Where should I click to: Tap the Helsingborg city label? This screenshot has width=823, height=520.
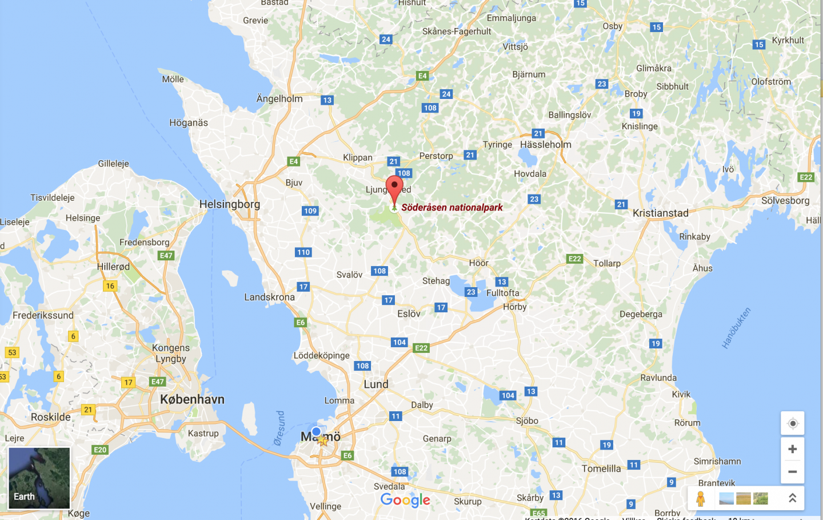coord(229,204)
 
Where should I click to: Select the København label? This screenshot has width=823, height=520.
coord(192,399)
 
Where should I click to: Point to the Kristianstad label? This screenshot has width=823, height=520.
coord(660,213)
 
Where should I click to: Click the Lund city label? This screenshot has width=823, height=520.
coord(375,384)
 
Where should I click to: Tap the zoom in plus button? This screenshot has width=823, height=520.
coord(792,449)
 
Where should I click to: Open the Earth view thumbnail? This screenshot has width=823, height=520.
coord(39,478)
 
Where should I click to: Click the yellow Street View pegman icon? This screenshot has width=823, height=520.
coord(700,498)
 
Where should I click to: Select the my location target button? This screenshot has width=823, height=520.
coord(792,423)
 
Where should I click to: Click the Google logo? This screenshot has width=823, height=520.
coord(405,500)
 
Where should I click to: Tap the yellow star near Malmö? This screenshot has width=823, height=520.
coord(323,441)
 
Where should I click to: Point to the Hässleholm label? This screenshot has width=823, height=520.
coord(545,145)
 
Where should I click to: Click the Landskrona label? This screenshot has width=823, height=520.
coord(269,297)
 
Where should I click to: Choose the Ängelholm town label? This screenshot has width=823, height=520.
coord(279,99)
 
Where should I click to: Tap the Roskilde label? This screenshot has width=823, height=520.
coord(51,417)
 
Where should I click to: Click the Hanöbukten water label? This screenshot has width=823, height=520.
coord(736,328)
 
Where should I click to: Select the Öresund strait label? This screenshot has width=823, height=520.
coord(279,428)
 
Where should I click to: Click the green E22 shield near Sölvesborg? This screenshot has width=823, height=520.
coord(806,177)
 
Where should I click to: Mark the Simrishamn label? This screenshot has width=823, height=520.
coord(717,461)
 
